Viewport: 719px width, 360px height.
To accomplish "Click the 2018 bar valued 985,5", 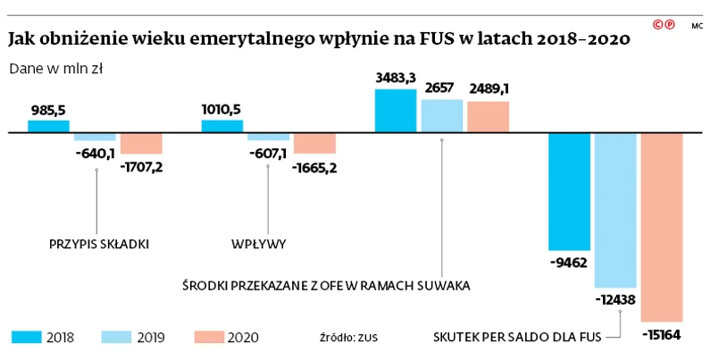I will [x=48, y=126].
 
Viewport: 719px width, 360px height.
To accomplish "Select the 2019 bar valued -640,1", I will [x=95, y=137].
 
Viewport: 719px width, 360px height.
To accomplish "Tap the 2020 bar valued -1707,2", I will [x=141, y=143].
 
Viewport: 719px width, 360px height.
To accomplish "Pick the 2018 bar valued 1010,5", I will [x=222, y=126].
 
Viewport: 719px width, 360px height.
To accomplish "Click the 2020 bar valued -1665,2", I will [x=314, y=143].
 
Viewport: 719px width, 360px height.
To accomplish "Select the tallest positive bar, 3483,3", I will [x=395, y=110].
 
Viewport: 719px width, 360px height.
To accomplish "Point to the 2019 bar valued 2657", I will [x=441, y=115].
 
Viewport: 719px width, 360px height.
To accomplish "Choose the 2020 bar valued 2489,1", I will [x=488, y=116].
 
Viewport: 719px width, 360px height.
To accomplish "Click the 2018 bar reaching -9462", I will [x=569, y=191].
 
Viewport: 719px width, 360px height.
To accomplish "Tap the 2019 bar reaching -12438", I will [x=615, y=210].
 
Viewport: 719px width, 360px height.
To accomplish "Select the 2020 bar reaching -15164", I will [x=662, y=227].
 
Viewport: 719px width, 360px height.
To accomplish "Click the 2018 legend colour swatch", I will [x=27, y=337].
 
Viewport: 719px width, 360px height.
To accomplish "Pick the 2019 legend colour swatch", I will [x=118, y=337].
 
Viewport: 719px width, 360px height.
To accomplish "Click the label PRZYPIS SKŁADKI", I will [x=98, y=243].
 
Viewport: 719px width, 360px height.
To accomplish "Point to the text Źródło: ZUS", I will [x=348, y=338].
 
